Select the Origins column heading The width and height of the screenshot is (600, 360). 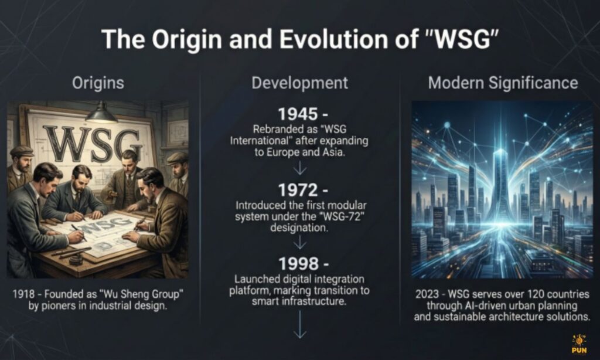coord(98,83)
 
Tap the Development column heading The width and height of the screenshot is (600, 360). coord(299,83)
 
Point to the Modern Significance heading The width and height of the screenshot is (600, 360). coord(503,83)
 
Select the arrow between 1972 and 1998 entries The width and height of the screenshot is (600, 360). coord(300,242)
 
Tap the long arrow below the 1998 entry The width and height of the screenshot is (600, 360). coord(300,324)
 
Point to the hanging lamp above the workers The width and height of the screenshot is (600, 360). coord(101,113)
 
